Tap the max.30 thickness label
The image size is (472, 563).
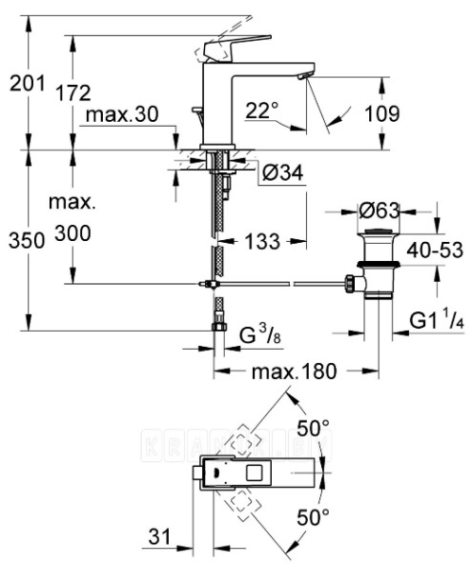121,115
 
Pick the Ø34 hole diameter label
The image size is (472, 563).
281,172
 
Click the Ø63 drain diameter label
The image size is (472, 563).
378,208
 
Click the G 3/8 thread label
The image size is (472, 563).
258,335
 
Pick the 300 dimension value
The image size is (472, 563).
72,232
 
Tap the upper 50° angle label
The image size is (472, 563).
312,425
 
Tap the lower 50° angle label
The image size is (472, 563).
312,517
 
